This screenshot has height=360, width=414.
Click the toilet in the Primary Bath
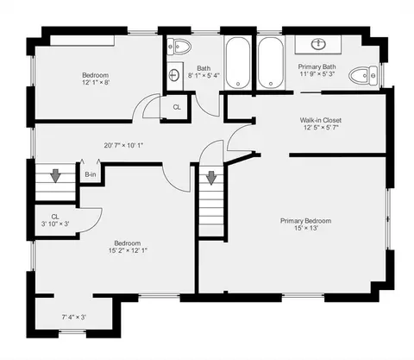(x=363, y=76)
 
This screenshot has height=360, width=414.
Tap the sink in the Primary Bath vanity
(x=318, y=44)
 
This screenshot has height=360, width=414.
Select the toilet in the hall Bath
(x=179, y=47)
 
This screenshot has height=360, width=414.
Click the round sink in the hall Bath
(x=174, y=75)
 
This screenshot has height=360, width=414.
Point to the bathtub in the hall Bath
(x=238, y=63)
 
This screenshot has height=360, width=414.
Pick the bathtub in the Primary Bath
(x=270, y=63)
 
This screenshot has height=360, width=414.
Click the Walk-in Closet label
(x=321, y=120)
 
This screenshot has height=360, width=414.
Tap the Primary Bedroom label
(x=305, y=221)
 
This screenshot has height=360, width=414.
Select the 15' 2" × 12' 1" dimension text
(x=128, y=250)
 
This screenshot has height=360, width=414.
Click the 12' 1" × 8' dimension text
(x=96, y=83)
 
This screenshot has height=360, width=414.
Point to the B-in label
(x=91, y=174)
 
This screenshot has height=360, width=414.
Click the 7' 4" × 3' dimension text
(x=74, y=317)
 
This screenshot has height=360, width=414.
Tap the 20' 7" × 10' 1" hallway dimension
(x=123, y=145)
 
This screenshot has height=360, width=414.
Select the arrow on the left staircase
(x=55, y=175)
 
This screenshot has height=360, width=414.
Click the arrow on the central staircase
(x=211, y=178)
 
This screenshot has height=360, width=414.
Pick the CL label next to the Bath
(x=177, y=107)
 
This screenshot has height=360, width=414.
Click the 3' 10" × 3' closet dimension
(x=55, y=224)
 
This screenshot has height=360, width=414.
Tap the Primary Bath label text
(x=317, y=66)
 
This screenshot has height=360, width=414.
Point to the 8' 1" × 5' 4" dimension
(x=204, y=76)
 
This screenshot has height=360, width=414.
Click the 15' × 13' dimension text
(x=305, y=228)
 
